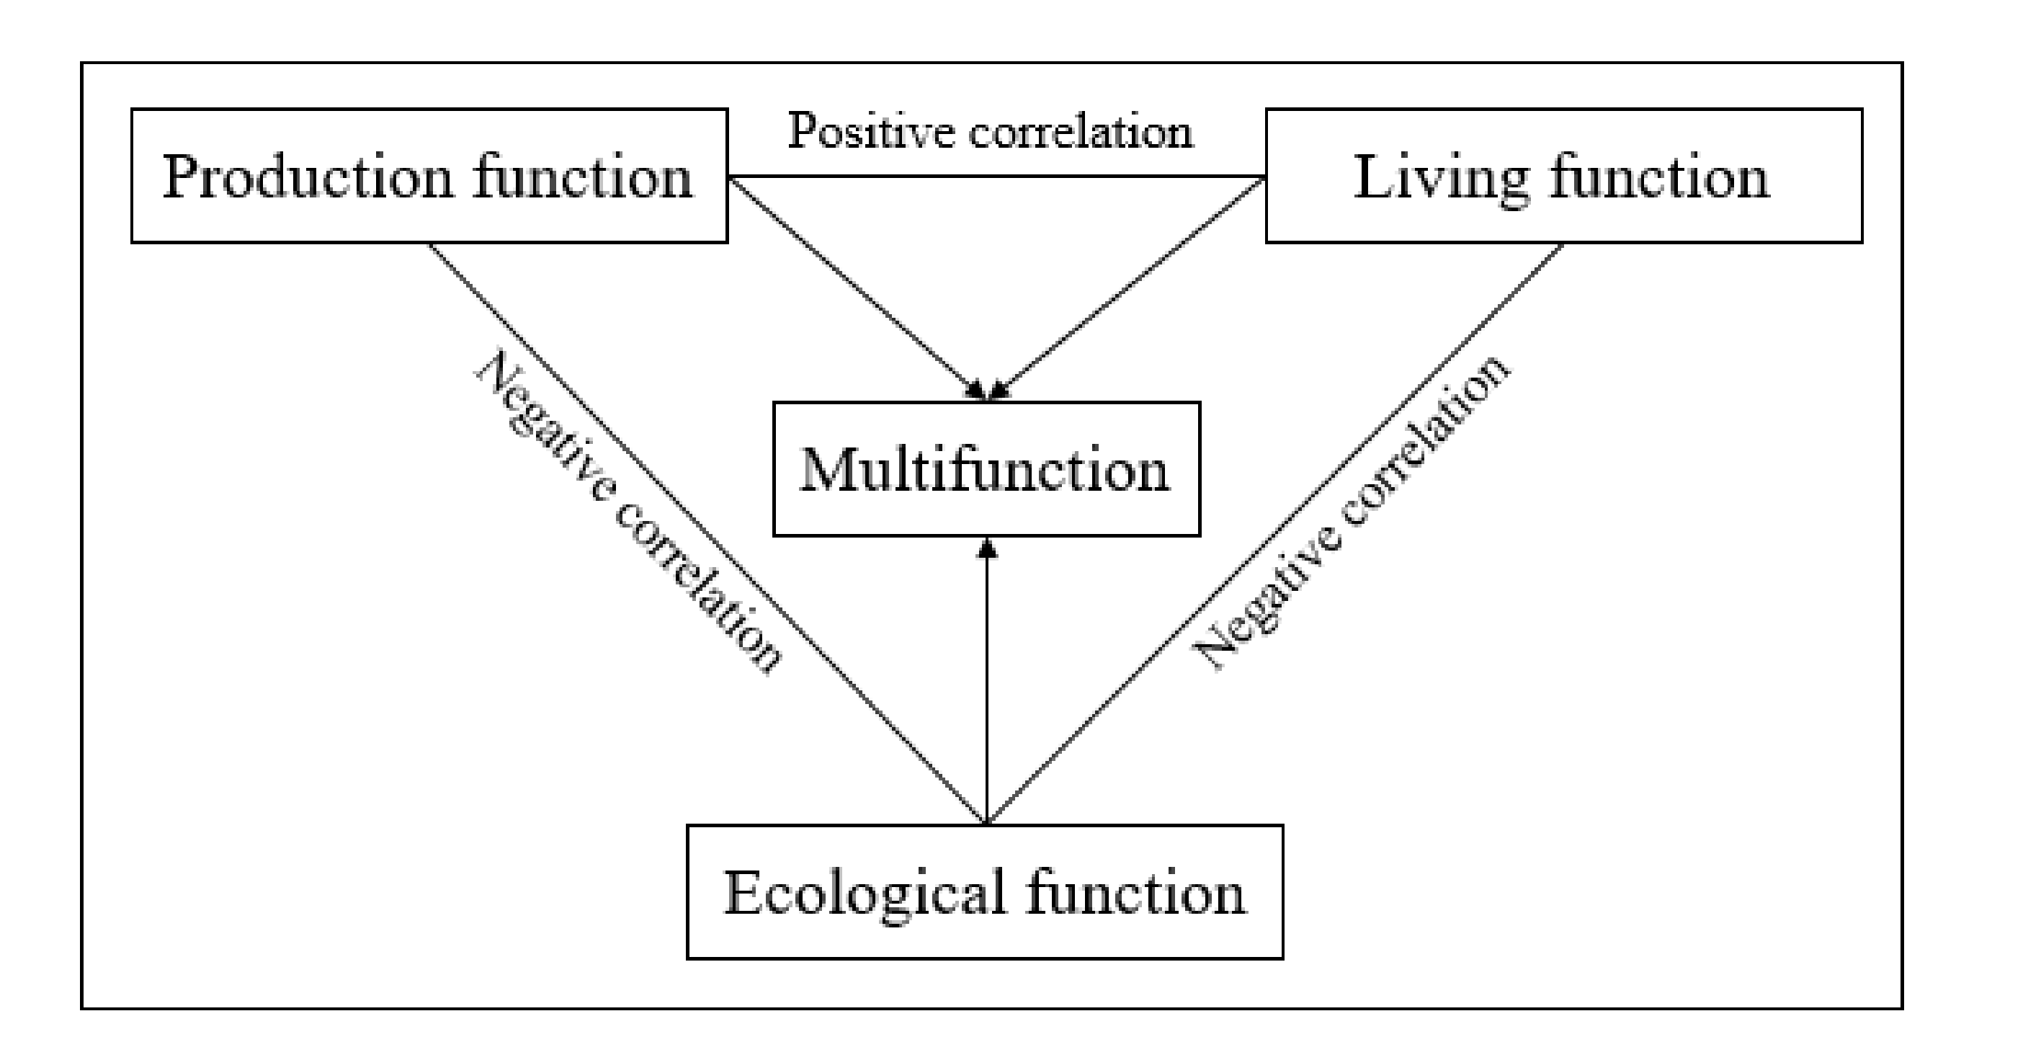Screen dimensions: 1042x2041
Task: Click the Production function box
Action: click(x=429, y=176)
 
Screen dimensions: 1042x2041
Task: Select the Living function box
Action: click(x=1563, y=176)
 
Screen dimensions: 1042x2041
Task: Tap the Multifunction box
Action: click(x=986, y=469)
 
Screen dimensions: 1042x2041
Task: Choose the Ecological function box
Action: click(x=984, y=892)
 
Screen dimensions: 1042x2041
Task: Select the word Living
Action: click(x=1440, y=177)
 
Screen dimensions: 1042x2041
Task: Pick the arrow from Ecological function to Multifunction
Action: click(x=986, y=682)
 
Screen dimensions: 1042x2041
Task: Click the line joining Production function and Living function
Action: click(x=996, y=176)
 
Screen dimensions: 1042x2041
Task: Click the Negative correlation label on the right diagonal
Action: click(x=1351, y=511)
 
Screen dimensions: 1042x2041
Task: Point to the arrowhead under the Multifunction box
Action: click(x=986, y=548)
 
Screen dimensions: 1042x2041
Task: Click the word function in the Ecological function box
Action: click(x=1136, y=892)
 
